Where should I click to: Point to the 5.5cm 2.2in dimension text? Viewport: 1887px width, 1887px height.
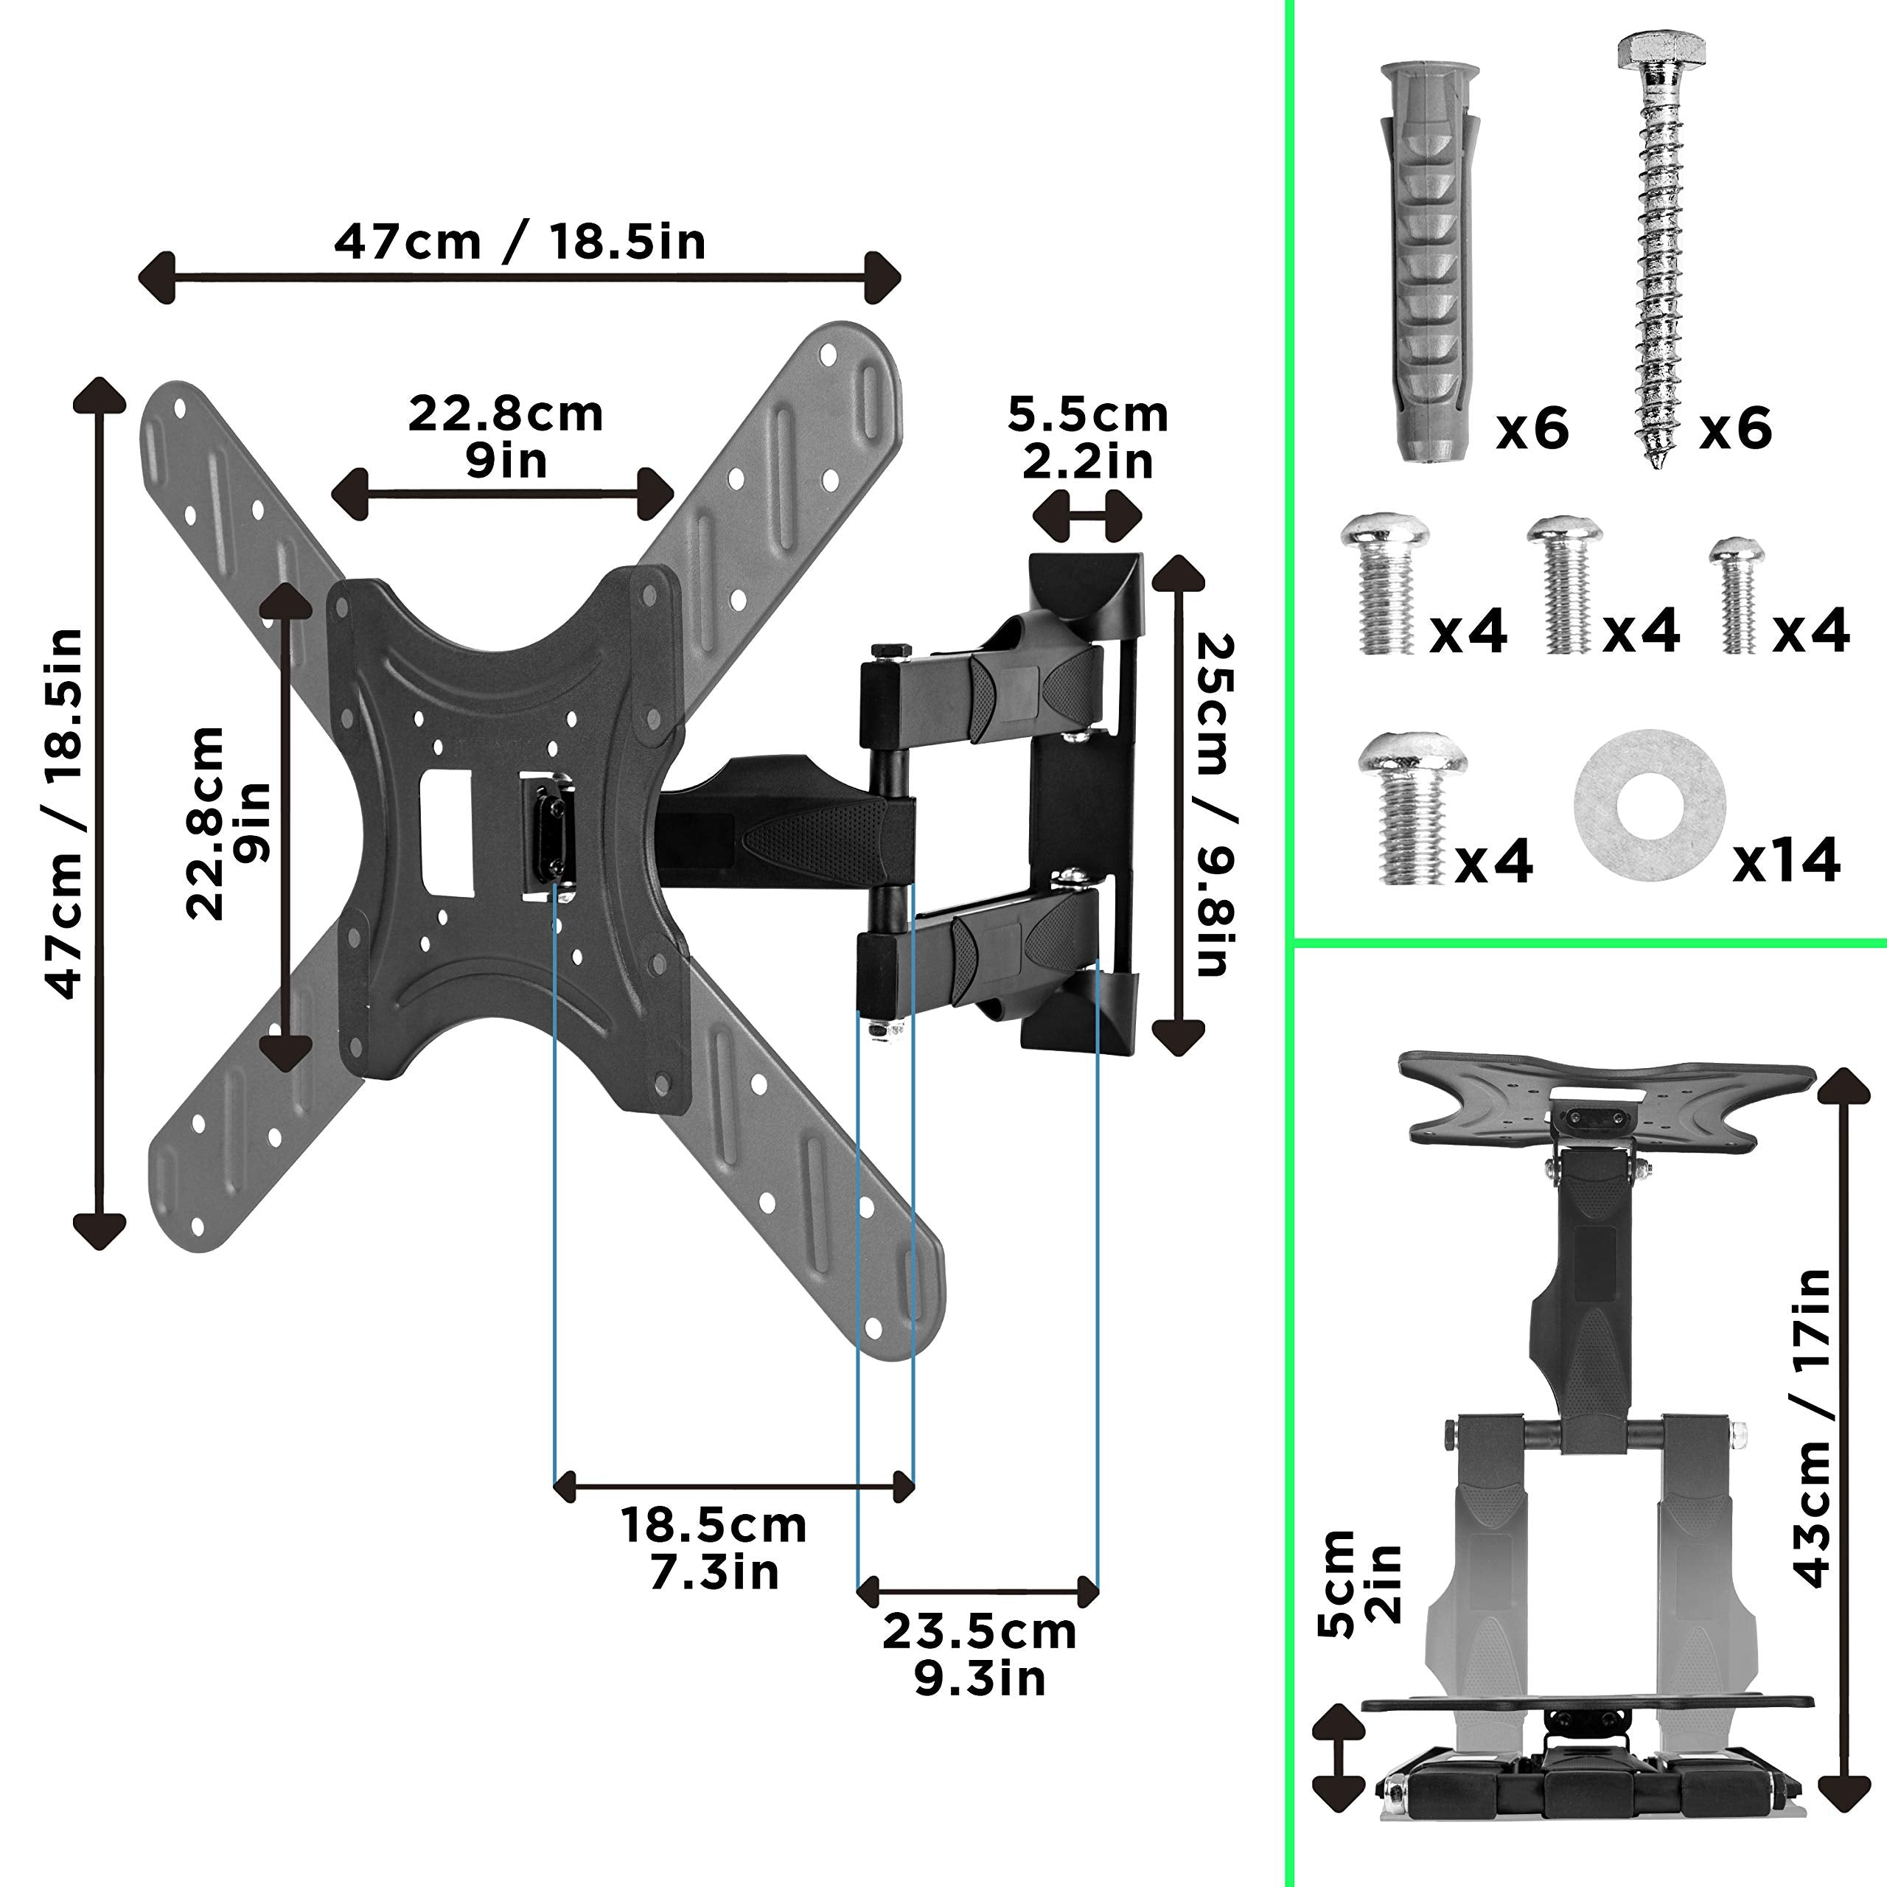(1087, 439)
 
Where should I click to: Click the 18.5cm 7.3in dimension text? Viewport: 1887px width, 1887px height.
(714, 1548)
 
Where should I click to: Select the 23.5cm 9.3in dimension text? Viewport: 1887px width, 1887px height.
(979, 1655)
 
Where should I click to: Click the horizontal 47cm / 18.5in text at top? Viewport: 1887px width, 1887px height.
(520, 241)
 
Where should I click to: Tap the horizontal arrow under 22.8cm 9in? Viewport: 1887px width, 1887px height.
(502, 493)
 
